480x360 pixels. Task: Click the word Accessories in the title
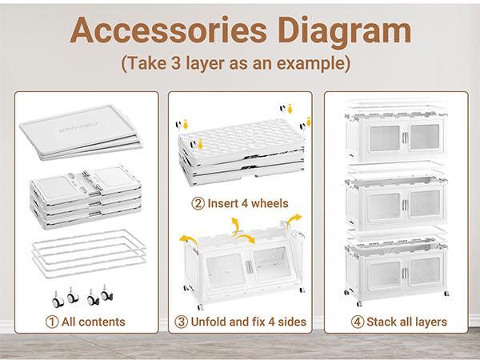coord(169,30)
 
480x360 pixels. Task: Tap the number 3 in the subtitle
coord(176,63)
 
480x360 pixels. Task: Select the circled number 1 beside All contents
coord(52,322)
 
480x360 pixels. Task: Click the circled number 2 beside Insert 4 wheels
coord(198,203)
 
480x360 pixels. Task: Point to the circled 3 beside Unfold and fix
coord(181,322)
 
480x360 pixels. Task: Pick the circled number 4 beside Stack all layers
coord(358,322)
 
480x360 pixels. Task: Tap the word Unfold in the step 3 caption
coord(208,322)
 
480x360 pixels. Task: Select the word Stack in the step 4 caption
coord(379,322)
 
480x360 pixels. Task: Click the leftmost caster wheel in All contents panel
coord(58,300)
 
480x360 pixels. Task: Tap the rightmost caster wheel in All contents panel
coord(106,294)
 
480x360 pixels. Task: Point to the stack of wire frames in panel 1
coord(89,253)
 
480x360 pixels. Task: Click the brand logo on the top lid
coord(78,128)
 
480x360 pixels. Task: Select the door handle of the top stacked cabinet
coord(405,138)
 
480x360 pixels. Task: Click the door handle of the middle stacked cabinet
coord(405,205)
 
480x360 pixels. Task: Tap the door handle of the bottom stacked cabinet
coord(405,273)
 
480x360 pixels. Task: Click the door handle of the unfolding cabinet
coord(249,266)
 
